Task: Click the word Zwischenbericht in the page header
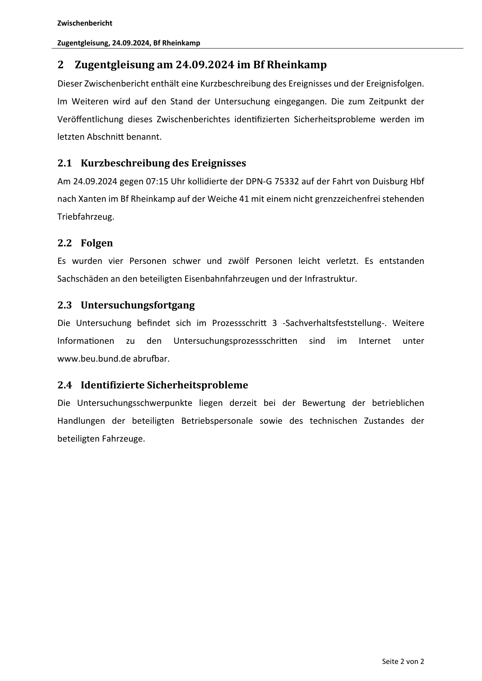(85, 23)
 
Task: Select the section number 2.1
(64, 163)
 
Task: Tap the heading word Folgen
(97, 243)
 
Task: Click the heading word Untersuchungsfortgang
(137, 305)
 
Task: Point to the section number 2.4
(64, 385)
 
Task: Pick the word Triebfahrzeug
(86, 217)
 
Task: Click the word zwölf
(238, 261)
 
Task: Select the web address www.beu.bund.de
(94, 359)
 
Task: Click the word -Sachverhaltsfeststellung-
(334, 323)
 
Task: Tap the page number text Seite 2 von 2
(403, 662)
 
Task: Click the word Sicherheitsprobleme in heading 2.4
(197, 385)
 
